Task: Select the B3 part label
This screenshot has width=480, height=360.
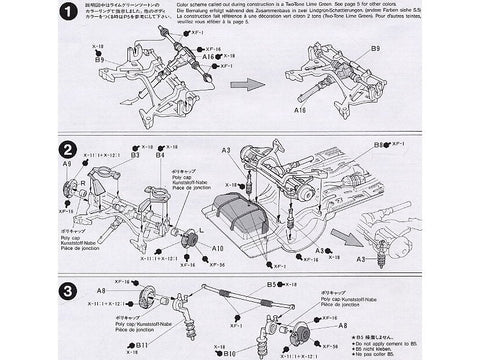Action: (x=132, y=156)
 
